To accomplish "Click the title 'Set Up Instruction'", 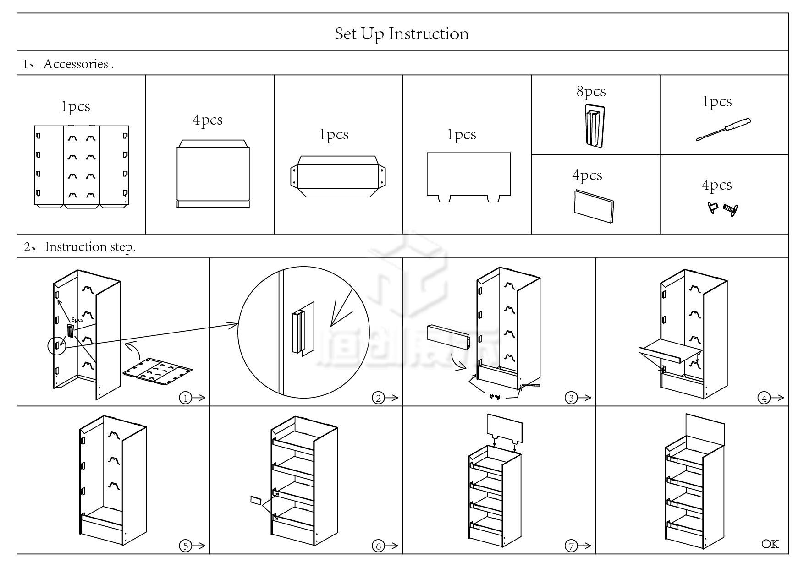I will point(402,34).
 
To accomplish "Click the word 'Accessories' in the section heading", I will point(76,64).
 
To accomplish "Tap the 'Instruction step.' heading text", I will point(90,247).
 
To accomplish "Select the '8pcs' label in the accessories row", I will point(591,91).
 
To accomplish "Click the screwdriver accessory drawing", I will point(723,130).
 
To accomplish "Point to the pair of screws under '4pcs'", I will point(722,209).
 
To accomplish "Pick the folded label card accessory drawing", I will point(594,206).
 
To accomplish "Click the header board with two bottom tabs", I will point(468,176).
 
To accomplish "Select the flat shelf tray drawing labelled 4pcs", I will point(213,174).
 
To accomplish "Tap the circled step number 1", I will point(185,398).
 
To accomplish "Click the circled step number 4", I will point(764,398).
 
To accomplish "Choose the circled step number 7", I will point(571,546).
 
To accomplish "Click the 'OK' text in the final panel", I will point(770,544).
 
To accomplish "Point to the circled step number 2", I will point(378,398).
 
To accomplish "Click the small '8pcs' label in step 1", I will point(77,320).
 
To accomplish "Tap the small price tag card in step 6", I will point(256,500).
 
